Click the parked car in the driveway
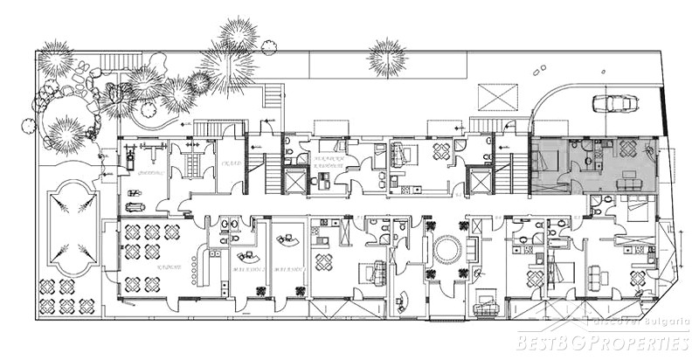click(x=616, y=103)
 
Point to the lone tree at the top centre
click(x=387, y=57)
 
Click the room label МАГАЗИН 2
click(x=287, y=270)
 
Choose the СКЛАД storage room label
click(x=231, y=163)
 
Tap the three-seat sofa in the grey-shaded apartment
click(x=627, y=183)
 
